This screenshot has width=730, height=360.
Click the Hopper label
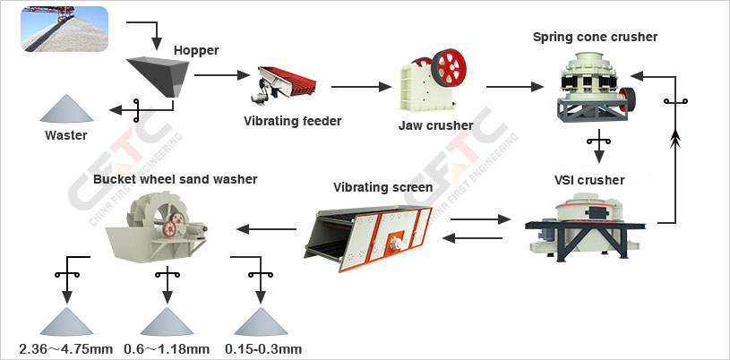(x=196, y=50)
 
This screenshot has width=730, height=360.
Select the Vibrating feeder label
(x=293, y=120)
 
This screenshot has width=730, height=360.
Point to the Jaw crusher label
(x=434, y=124)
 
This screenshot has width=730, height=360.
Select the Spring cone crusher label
(x=595, y=37)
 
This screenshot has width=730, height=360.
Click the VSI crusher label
(x=588, y=180)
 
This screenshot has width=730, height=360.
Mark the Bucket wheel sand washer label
(x=175, y=179)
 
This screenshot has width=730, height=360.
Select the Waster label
(x=66, y=136)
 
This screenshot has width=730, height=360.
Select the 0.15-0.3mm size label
(x=263, y=348)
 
